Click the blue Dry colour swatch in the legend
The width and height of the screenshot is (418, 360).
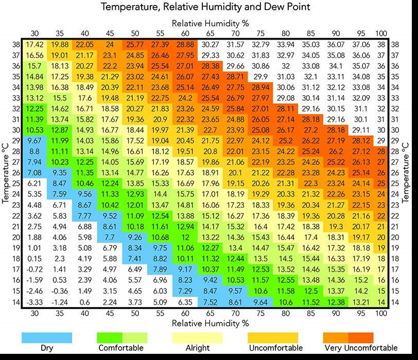[47, 337]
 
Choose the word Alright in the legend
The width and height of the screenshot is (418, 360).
[197, 348]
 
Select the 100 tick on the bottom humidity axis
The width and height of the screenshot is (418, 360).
[381, 313]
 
